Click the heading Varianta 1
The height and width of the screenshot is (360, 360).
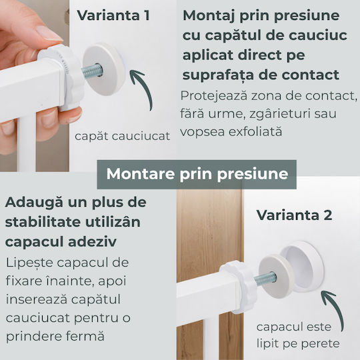tap(113, 15)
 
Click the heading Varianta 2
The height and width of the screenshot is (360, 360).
tap(295, 215)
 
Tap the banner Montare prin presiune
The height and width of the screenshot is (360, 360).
tap(197, 174)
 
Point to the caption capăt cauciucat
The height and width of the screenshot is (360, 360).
tap(122, 136)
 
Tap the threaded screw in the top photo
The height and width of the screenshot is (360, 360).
tap(92, 71)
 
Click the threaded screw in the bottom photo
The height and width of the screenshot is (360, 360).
tap(265, 279)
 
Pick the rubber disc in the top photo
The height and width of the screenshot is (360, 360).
tap(104, 69)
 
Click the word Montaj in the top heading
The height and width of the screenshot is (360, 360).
tap(209, 16)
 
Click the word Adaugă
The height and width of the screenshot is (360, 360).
tap(34, 203)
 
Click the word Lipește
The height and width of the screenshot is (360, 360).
tap(29, 263)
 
